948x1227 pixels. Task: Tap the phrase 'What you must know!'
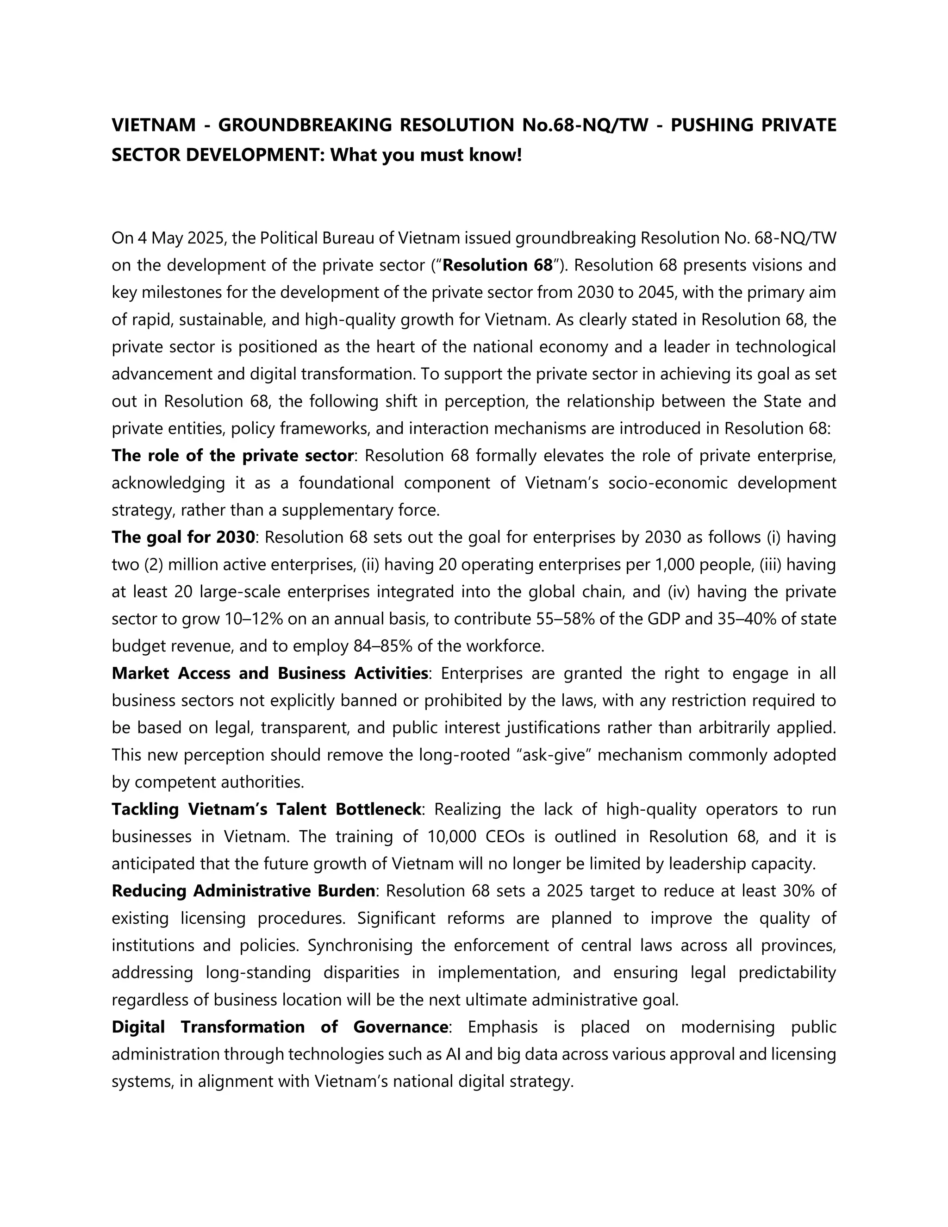click(426, 155)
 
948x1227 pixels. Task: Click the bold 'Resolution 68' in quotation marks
click(498, 265)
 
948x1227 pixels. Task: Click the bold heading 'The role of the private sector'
click(232, 456)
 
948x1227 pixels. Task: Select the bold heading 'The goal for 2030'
click(183, 538)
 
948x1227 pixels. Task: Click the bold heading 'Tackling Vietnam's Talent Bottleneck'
click(266, 809)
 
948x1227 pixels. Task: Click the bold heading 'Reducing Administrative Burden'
click(243, 891)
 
